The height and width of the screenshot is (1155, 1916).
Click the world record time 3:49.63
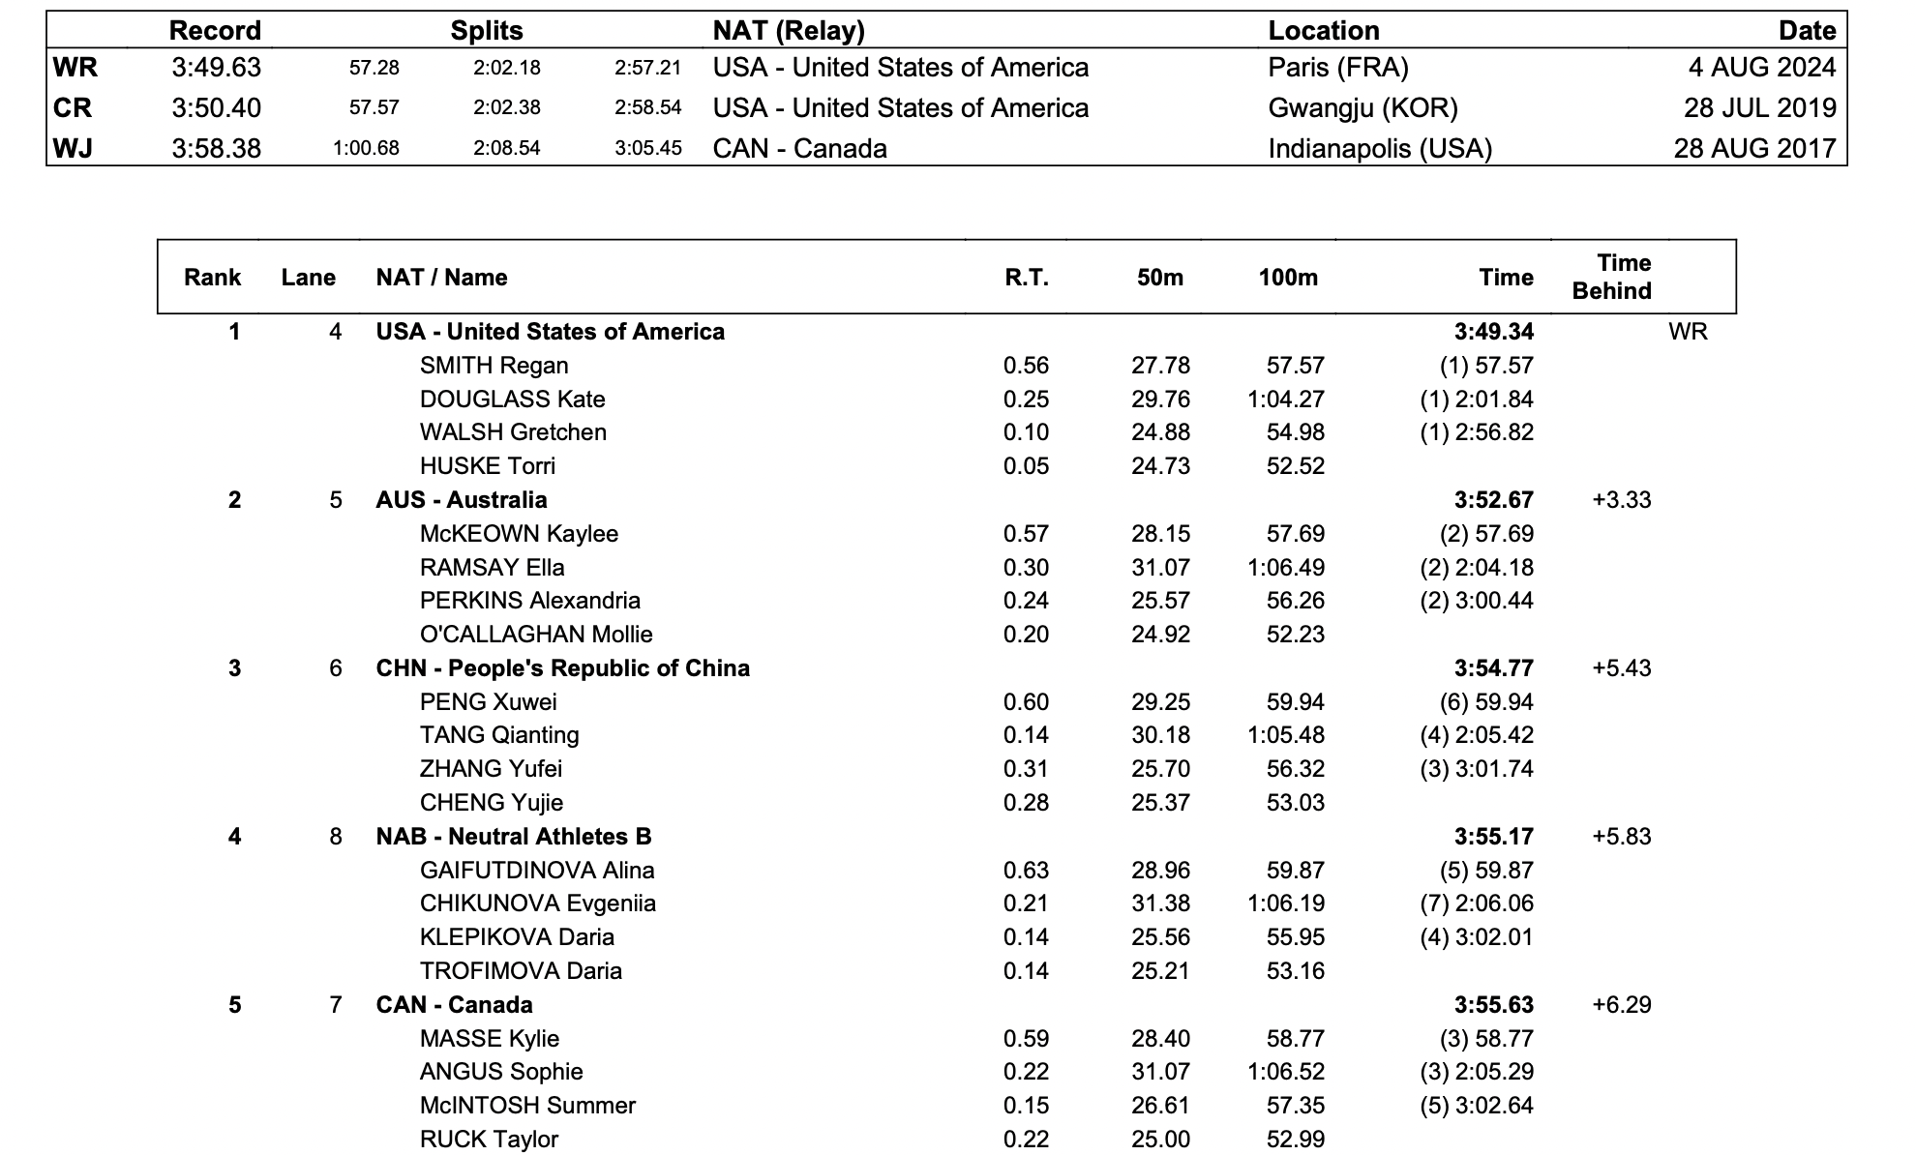pos(216,68)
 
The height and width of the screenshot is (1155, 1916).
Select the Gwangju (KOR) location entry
pos(1362,108)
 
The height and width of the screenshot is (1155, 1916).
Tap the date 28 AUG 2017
pos(1754,149)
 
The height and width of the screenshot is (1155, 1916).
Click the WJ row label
pos(74,149)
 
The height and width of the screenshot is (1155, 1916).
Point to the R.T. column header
pos(1026,278)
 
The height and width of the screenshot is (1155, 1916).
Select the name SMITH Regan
pos(494,366)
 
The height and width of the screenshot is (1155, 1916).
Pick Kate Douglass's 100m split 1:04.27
pos(1286,400)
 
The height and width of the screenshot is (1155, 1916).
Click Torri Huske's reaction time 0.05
pos(1026,466)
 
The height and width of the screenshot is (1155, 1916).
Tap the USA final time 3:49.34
pos(1493,332)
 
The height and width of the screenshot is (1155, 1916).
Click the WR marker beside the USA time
pos(1688,332)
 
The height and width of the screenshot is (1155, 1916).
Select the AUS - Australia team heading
pos(462,500)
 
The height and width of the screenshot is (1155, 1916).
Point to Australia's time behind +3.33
pos(1621,500)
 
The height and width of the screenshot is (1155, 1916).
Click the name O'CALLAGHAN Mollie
pos(536,635)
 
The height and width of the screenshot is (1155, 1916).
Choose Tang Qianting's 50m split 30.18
pos(1160,735)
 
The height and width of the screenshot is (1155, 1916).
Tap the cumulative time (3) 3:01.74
pos(1477,769)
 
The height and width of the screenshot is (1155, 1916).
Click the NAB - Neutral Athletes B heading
pos(514,837)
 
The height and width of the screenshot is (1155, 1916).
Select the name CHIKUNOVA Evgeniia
pos(537,903)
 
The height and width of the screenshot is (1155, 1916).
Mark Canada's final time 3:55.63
pos(1493,1005)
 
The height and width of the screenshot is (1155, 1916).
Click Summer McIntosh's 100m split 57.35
pos(1295,1106)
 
